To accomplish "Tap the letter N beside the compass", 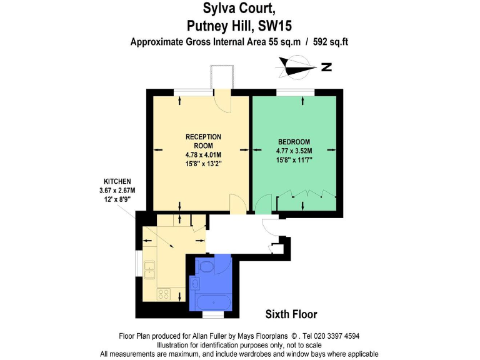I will pyautogui.click(x=326, y=67).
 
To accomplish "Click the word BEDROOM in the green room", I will pyautogui.click(x=294, y=142).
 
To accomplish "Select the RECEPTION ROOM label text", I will pyautogui.click(x=203, y=141).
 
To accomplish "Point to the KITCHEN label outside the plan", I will pyautogui.click(x=117, y=181).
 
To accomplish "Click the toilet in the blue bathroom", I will pyautogui.click(x=206, y=267).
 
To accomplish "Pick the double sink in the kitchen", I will pyautogui.click(x=149, y=270).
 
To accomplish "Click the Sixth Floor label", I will pyautogui.click(x=291, y=314).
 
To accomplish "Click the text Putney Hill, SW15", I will pyautogui.click(x=240, y=26).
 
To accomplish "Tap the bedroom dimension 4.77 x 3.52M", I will pyautogui.click(x=294, y=151).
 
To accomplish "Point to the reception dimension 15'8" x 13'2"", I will pyautogui.click(x=203, y=163).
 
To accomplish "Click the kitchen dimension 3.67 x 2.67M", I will pyautogui.click(x=117, y=190).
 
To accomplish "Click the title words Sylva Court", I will pyautogui.click(x=239, y=9).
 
